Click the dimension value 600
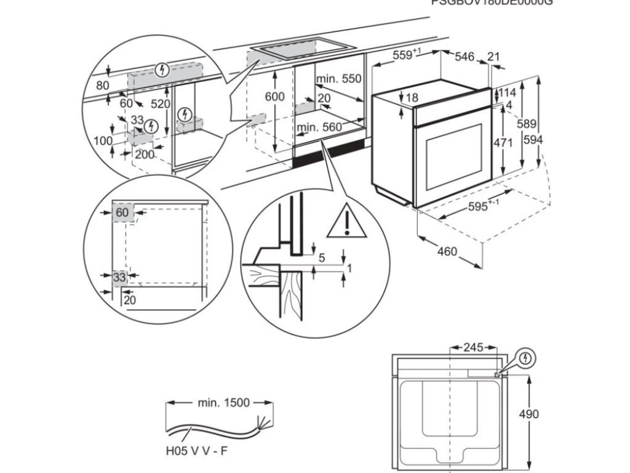coord(276,97)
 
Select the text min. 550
coord(338,79)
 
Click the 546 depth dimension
coord(465,57)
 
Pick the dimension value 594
coord(533,140)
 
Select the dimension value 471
coord(503,142)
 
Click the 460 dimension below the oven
coord(447,251)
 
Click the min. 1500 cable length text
coord(223,403)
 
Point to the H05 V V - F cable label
coord(196,451)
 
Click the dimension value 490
coord(528,413)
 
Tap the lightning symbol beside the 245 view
coord(525,357)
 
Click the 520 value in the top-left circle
coord(161,104)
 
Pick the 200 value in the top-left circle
coord(144,154)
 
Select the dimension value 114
coord(507,92)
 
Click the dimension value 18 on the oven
coord(412,97)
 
